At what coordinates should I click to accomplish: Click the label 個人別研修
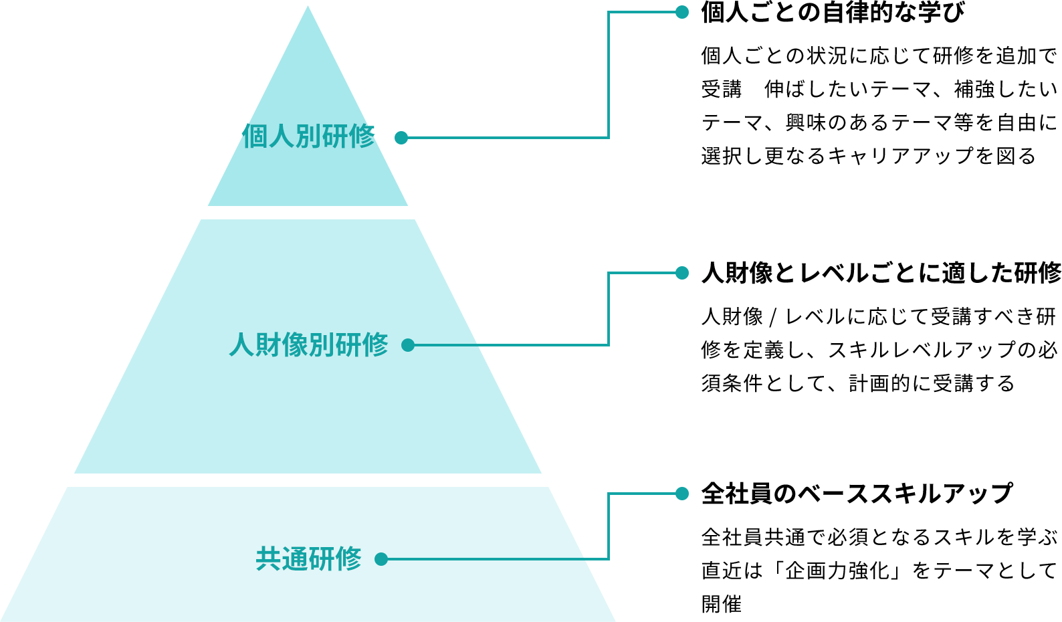point(308,136)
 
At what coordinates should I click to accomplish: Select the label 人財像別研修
point(308,345)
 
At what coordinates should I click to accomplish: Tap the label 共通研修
point(308,559)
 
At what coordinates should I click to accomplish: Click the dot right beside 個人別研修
point(401,138)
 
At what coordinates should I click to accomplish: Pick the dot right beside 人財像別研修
point(408,345)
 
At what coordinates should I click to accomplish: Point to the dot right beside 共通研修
point(381,559)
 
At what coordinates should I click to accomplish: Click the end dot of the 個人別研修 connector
point(682,12)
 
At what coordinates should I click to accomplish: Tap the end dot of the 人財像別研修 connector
point(682,273)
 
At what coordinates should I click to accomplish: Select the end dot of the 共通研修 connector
point(682,494)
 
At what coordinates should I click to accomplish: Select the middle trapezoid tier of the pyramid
point(308,415)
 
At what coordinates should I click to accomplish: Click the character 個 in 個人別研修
point(255,136)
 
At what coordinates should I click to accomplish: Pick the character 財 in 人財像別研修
point(268,345)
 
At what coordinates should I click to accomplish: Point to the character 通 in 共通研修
point(295,559)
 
